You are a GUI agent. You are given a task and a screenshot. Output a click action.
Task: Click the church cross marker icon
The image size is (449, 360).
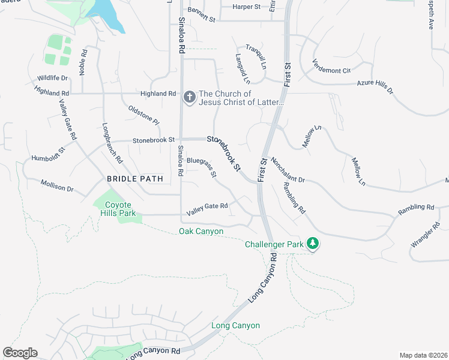pos(190,97)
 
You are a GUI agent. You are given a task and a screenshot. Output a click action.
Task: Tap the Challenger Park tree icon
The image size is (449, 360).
pos(312,243)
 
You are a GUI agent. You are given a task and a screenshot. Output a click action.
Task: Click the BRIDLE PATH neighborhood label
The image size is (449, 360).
pos(134,179)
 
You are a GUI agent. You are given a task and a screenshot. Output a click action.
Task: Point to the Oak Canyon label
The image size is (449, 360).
pos(201,232)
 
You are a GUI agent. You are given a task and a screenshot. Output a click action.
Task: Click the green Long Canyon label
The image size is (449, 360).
pos(235,325)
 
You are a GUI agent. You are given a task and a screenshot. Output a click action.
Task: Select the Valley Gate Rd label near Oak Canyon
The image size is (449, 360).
pos(207,206)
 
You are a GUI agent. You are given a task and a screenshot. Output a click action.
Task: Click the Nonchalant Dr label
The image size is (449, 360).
pos(288,170)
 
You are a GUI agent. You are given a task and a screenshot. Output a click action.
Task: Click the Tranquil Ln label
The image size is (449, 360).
pos(255,58)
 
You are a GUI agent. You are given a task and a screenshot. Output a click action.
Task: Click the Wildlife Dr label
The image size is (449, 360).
pos(53,78)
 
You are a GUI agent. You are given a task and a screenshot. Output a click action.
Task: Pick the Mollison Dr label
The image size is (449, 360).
pos(57,185)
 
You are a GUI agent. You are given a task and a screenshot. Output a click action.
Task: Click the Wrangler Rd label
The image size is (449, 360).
pos(426,235)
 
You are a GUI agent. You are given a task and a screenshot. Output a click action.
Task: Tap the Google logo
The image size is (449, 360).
pos(20,353)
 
